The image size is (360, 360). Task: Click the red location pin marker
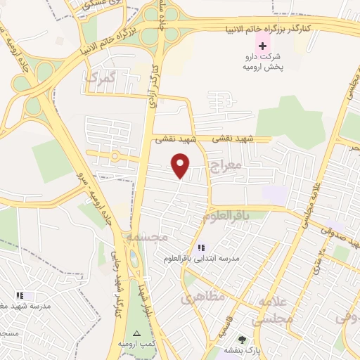[181, 165]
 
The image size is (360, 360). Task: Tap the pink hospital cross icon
[262, 45]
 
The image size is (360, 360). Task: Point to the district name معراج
[225, 167]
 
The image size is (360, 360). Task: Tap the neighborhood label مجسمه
[148, 238]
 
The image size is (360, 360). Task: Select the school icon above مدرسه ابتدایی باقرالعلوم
[201, 247]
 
